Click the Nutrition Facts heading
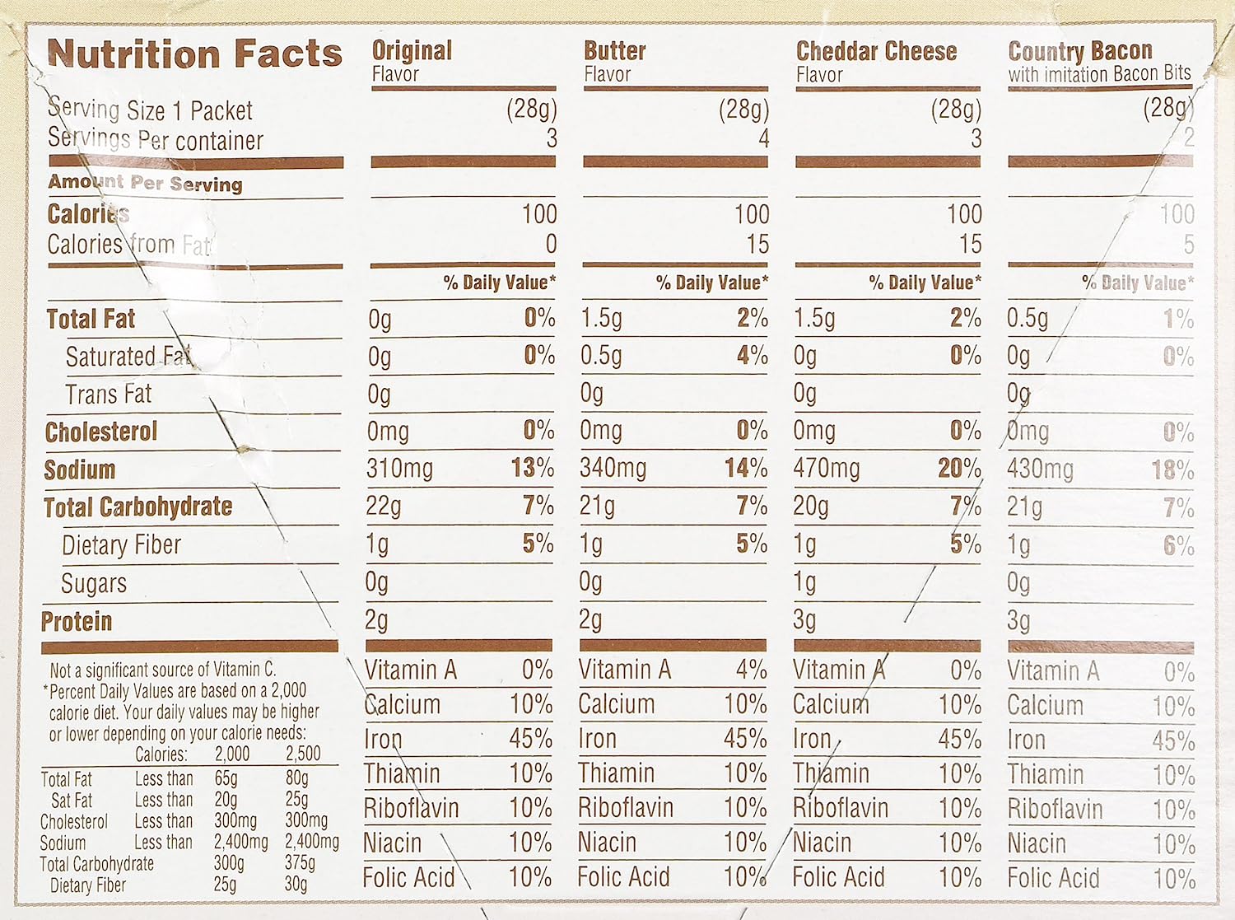pyautogui.click(x=194, y=54)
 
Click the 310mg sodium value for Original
pyautogui.click(x=399, y=469)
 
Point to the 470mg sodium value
pyautogui.click(x=826, y=469)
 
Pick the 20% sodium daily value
pyautogui.click(x=959, y=469)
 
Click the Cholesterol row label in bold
pyautogui.click(x=101, y=432)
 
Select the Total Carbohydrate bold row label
pyautogui.click(x=138, y=507)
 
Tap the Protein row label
pyautogui.click(x=77, y=621)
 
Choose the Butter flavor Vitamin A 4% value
pyautogui.click(x=751, y=670)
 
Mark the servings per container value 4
pyautogui.click(x=763, y=138)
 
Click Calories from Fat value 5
pyautogui.click(x=1188, y=244)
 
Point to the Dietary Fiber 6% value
pyautogui.click(x=1178, y=544)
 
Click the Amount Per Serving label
pyautogui.click(x=145, y=183)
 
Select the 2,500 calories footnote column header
pyautogui.click(x=303, y=754)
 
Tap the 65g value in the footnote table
pyautogui.click(x=226, y=778)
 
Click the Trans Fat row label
pyautogui.click(x=109, y=395)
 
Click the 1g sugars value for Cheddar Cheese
pyautogui.click(x=804, y=582)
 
